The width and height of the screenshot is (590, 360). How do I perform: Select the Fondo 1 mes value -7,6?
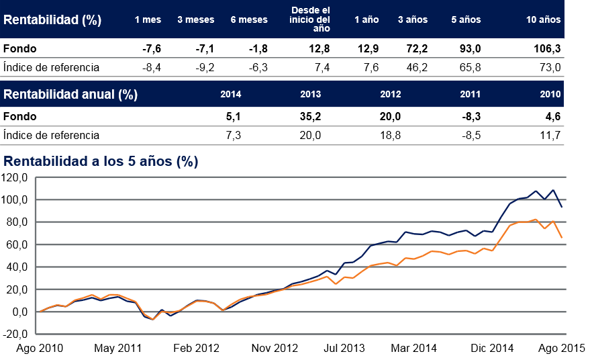[x=152, y=48]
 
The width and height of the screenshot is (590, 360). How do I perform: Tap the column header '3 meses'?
[x=195, y=19]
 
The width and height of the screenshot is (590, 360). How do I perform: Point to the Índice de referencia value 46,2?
[x=417, y=67]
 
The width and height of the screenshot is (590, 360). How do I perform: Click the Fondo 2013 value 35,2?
[x=310, y=116]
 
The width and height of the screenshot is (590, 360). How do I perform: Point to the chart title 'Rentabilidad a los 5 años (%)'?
[x=101, y=161]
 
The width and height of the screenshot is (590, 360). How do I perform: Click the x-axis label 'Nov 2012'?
[x=274, y=348]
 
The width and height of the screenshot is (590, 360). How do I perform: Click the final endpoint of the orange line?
[x=561, y=238]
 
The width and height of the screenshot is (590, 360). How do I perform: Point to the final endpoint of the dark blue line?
[x=561, y=207]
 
